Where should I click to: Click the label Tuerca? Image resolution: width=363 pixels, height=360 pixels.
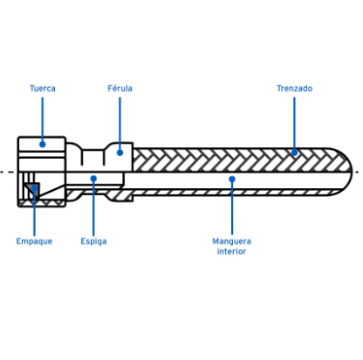(43, 88)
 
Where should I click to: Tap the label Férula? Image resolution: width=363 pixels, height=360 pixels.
(120, 88)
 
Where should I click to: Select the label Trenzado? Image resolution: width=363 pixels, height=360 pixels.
(294, 88)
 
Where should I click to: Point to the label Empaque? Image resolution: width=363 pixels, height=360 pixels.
(34, 241)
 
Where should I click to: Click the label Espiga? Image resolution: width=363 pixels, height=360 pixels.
(93, 241)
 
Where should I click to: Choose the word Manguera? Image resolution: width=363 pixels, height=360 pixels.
(231, 241)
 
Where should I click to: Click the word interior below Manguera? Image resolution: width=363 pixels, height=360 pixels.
(231, 251)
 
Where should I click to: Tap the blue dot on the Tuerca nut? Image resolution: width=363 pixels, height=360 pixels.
(43, 144)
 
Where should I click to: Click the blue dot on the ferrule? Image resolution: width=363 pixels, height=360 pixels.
(120, 153)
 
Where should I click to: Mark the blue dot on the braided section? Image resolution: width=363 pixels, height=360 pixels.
(294, 153)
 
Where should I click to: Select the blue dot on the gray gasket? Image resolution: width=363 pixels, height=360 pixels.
(34, 188)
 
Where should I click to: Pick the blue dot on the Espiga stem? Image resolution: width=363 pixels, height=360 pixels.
(93, 179)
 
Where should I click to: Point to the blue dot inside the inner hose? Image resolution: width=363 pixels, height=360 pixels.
(232, 179)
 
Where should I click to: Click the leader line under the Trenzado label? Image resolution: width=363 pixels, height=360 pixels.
(294, 124)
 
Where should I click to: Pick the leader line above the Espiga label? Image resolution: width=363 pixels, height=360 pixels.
(93, 208)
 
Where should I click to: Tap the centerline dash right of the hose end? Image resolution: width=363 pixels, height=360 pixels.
(357, 172)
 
